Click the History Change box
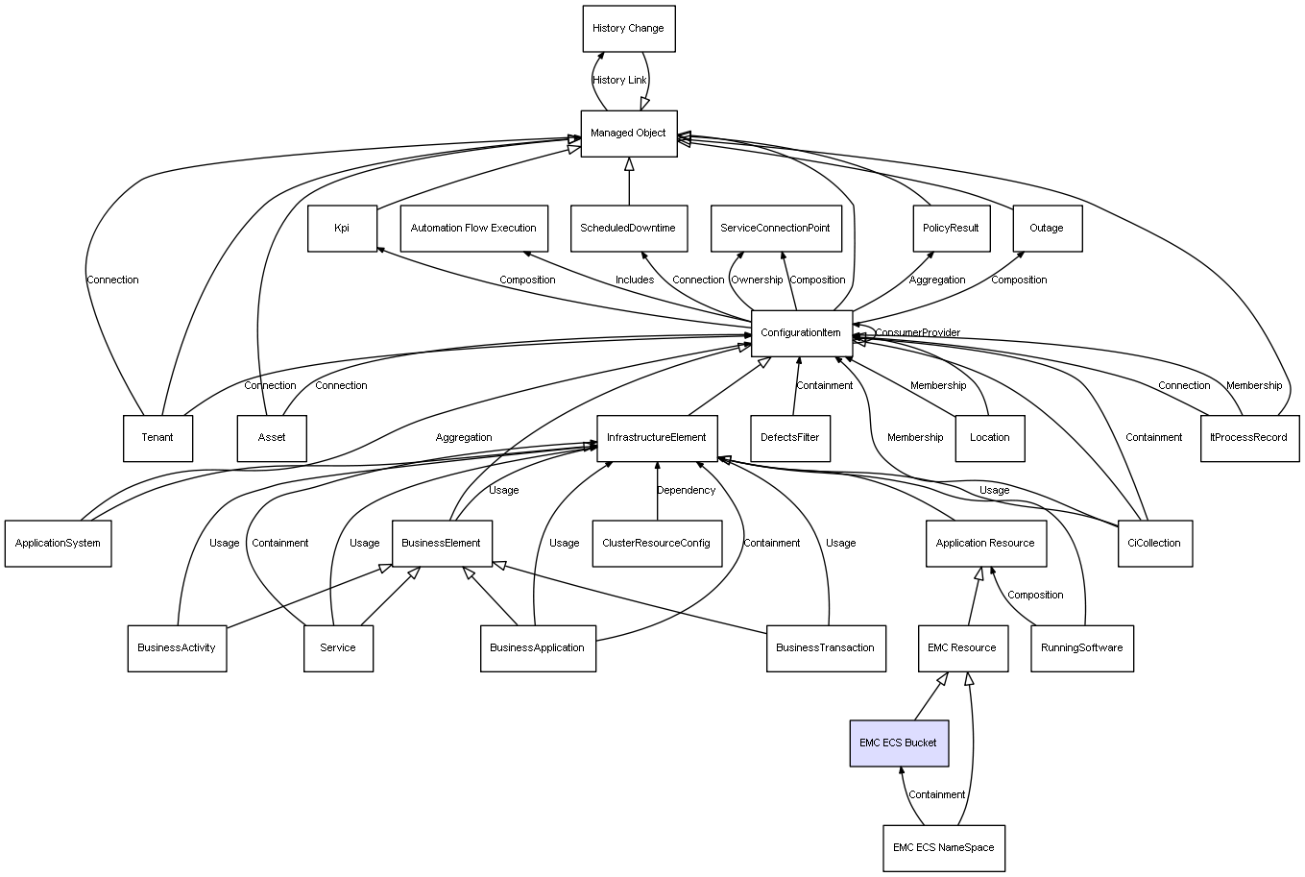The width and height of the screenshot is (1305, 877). tap(629, 29)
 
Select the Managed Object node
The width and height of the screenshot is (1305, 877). tap(629, 134)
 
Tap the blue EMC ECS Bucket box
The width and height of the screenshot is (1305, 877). tap(899, 743)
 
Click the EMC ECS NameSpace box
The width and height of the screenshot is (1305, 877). tap(944, 848)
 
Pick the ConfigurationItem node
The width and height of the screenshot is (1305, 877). tap(802, 333)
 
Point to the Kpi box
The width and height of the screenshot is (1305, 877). tap(342, 229)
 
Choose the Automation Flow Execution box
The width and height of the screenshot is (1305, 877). tap(474, 229)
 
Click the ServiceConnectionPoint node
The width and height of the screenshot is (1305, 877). tap(776, 229)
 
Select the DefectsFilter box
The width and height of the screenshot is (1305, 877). tap(790, 438)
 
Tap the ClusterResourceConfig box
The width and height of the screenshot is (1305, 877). tap(657, 543)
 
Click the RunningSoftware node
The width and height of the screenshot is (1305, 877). tap(1082, 648)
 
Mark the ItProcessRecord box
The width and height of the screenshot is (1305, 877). tap(1249, 438)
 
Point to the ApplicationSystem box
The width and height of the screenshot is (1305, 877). tap(59, 543)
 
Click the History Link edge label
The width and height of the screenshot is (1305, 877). tap(619, 81)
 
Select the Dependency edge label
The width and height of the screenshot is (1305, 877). tap(687, 491)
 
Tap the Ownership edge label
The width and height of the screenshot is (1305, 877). tap(757, 280)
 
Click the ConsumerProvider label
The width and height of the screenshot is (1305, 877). tap(918, 332)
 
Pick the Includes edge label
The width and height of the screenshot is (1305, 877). tap(635, 280)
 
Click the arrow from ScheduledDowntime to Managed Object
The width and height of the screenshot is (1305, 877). tap(629, 181)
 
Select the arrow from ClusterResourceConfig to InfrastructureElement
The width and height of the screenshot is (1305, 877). tap(657, 491)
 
